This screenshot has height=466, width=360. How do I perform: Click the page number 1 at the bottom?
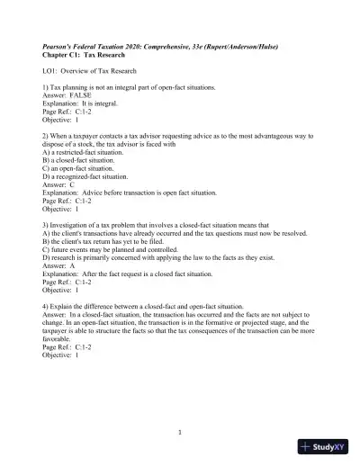180,432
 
